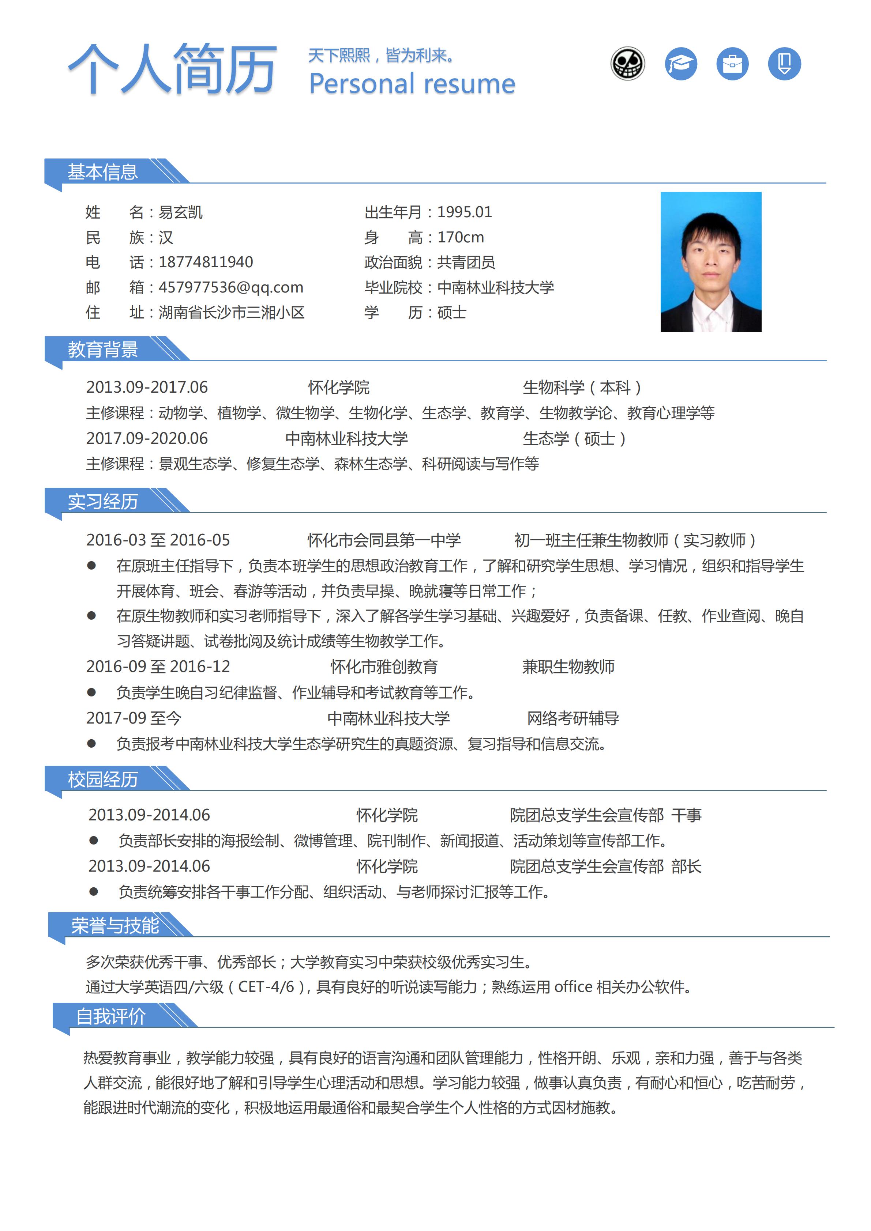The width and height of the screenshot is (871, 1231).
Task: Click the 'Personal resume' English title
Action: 412,84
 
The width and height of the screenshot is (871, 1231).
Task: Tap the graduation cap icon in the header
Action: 681,64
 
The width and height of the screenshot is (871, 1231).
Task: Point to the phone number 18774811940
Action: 206,262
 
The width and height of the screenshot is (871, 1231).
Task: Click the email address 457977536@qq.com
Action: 230,287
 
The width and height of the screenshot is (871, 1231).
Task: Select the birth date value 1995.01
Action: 465,212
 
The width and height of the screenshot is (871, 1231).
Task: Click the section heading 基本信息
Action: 102,172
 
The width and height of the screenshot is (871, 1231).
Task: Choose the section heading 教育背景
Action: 102,350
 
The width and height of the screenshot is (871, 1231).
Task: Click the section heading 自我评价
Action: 110,1016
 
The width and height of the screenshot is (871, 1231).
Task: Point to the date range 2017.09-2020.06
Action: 147,439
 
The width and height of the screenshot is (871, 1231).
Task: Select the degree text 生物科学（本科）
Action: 582,387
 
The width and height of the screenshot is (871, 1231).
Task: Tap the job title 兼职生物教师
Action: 568,667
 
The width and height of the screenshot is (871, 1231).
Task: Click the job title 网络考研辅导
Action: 573,718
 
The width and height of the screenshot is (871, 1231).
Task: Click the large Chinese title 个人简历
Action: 172,70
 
